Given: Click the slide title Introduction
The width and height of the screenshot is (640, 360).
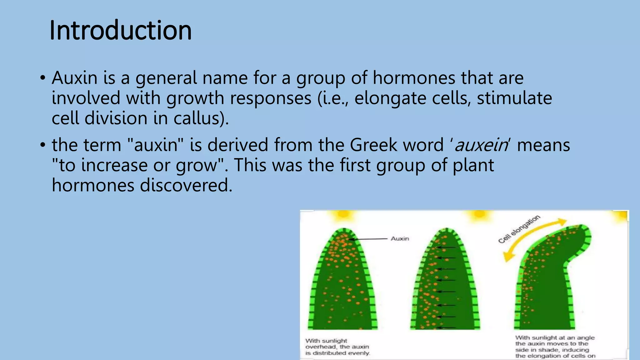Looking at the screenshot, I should (120, 30).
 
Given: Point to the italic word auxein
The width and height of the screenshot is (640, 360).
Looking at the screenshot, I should (481, 145).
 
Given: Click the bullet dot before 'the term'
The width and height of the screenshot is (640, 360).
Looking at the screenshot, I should (43, 145).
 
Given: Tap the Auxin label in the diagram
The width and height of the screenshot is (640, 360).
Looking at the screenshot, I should (400, 238).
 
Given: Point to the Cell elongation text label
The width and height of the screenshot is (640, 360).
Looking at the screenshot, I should (519, 229).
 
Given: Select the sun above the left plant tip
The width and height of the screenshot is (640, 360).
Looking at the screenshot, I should (343, 215).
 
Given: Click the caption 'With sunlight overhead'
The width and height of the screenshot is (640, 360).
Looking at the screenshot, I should (337, 347).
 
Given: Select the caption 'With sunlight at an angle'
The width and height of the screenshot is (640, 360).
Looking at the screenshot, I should (555, 347).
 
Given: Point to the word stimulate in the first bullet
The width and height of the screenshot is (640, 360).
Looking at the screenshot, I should (514, 98).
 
